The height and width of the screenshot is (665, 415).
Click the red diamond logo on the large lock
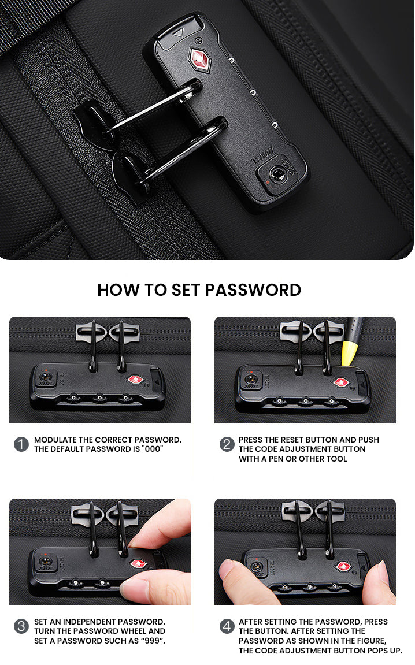200,60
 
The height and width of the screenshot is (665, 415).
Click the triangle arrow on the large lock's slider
178,32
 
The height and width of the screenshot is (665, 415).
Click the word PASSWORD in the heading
253,290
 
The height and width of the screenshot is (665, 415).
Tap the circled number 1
21,444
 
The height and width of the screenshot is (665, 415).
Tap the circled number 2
227,444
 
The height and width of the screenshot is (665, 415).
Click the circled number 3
21,626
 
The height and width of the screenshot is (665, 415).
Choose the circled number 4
227,626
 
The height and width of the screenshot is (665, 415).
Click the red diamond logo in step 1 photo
135,379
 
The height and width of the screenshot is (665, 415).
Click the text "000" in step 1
153,449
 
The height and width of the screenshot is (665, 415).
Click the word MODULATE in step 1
55,440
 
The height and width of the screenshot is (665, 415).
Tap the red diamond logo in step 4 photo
343,566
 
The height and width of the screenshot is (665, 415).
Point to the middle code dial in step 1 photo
100,398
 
